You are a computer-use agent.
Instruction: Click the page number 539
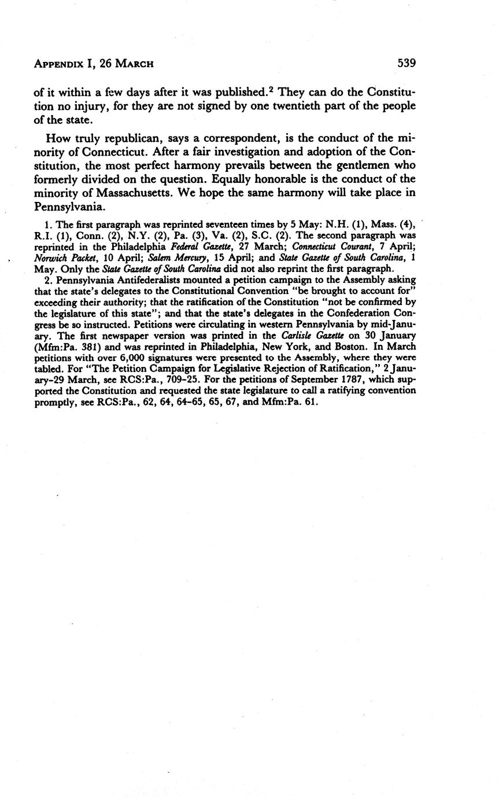pos(406,63)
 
